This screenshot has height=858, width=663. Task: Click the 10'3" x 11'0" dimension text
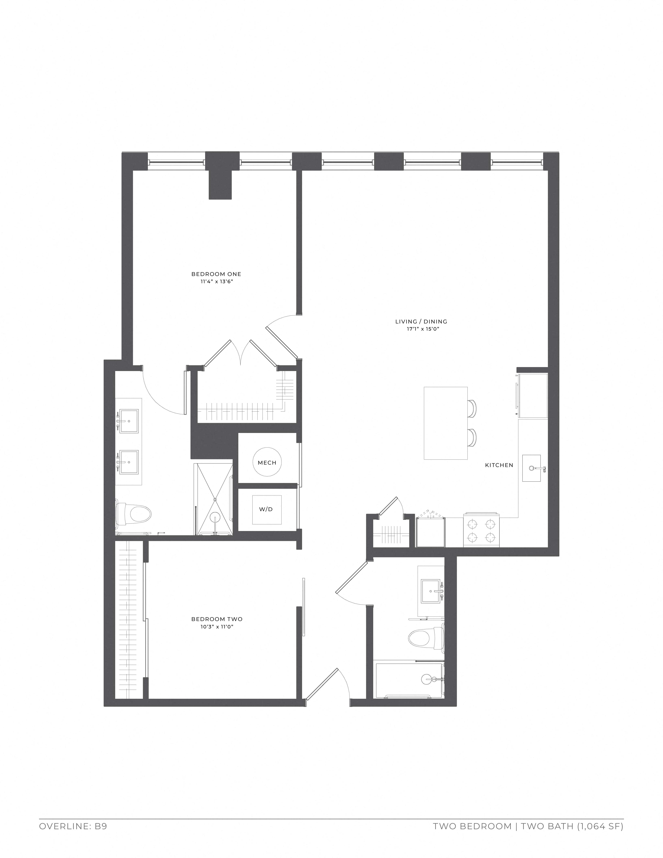coord(217,627)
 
